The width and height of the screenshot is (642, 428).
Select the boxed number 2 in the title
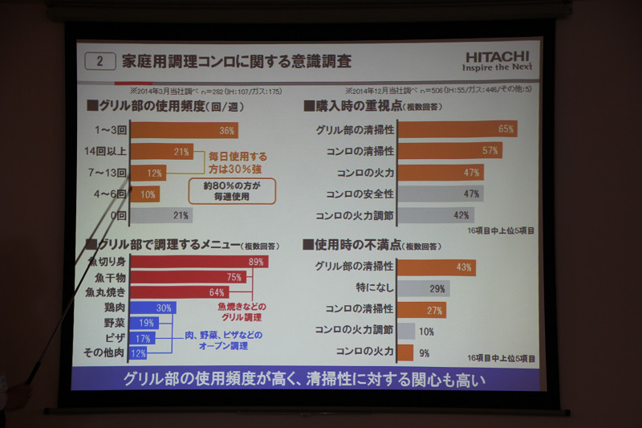click(100, 61)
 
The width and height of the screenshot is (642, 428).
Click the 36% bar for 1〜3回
click(184, 130)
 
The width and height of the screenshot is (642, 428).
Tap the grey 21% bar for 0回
click(161, 214)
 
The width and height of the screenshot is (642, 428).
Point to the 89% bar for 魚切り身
click(198, 262)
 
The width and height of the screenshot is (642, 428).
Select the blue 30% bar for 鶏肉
click(152, 308)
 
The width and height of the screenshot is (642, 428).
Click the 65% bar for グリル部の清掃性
click(457, 128)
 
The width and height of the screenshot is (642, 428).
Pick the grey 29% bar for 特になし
click(424, 287)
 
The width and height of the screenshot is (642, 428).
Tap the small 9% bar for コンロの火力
click(405, 352)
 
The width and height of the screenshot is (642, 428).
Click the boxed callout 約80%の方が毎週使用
click(231, 190)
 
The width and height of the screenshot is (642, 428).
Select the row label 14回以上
click(107, 151)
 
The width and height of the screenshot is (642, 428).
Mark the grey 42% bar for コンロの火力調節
click(436, 215)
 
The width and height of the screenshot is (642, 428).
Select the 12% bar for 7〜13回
click(149, 173)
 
